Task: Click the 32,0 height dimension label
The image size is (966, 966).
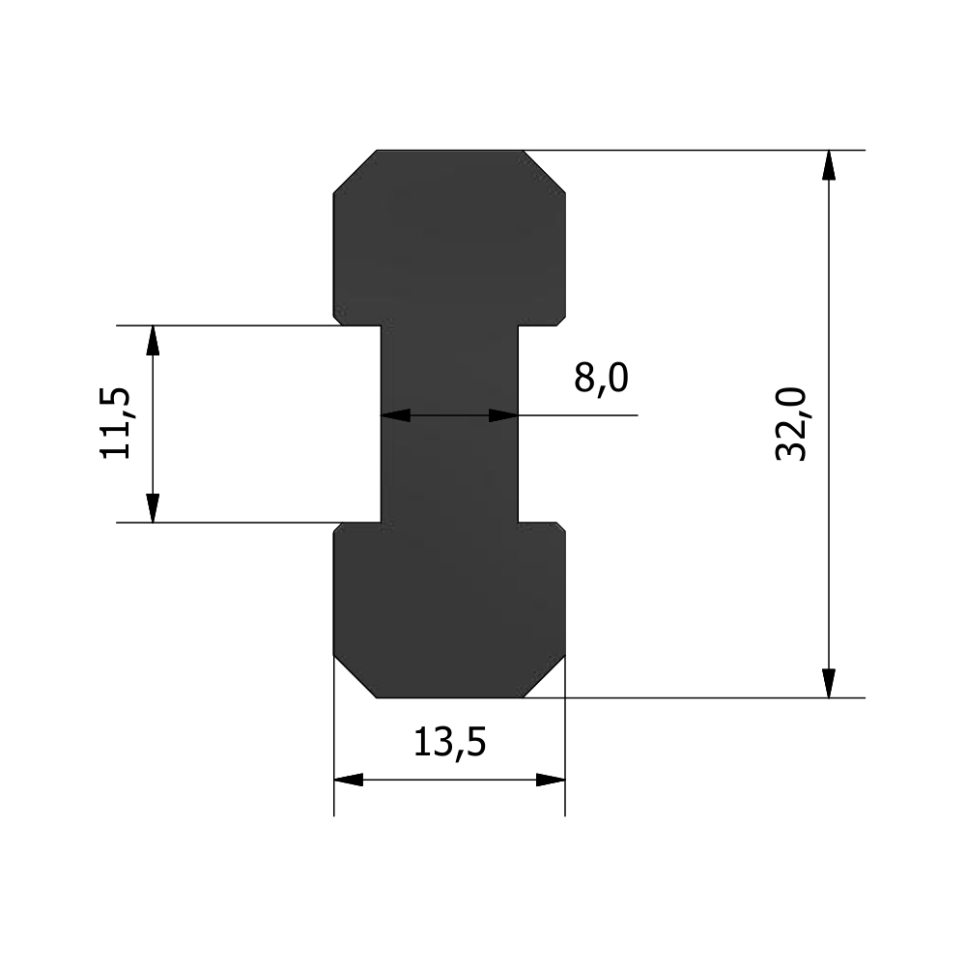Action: click(791, 424)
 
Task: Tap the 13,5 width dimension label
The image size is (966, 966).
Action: click(450, 743)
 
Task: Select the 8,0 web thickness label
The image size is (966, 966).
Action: click(601, 379)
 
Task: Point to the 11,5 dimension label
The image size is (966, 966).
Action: click(115, 423)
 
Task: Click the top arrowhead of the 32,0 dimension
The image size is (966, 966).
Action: click(829, 165)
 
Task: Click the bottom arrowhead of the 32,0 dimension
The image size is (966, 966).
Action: click(829, 683)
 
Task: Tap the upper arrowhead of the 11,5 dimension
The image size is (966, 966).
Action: click(153, 340)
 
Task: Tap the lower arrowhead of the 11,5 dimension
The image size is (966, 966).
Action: click(153, 508)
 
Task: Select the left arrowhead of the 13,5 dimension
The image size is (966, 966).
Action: click(349, 780)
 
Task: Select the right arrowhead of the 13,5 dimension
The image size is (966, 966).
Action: click(551, 780)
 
